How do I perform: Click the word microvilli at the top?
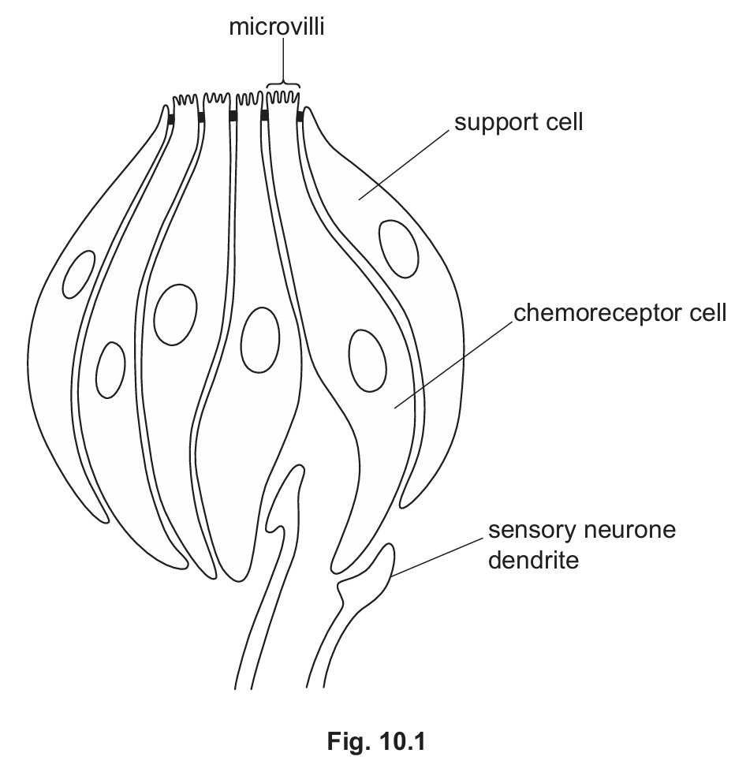[x=277, y=29]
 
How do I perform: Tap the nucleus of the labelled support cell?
[x=398, y=248]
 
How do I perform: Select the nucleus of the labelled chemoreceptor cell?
[x=367, y=360]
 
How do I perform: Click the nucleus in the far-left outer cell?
[x=78, y=274]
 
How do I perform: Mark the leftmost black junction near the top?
[x=171, y=118]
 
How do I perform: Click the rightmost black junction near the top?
[x=300, y=118]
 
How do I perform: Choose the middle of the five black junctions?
[x=233, y=117]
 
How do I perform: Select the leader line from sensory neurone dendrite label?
[x=437, y=557]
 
